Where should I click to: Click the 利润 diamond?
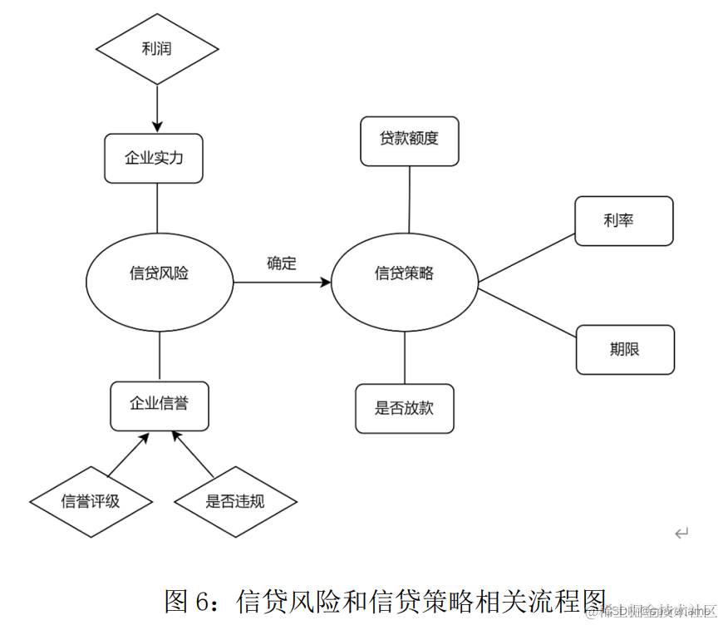(157, 49)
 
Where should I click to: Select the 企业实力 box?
(154, 158)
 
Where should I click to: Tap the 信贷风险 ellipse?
(159, 273)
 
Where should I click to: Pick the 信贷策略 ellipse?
(405, 274)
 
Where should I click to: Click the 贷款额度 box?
(409, 140)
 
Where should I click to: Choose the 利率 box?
(623, 221)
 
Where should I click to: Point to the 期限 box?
(625, 349)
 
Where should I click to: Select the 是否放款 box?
(405, 408)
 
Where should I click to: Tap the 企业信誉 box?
(159, 405)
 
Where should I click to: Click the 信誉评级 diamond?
(91, 501)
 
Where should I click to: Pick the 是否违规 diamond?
(235, 501)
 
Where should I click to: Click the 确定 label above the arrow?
(281, 263)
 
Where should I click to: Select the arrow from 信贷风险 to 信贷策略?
(283, 283)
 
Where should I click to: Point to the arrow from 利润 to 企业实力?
(157, 106)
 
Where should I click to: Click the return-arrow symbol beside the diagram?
(681, 533)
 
